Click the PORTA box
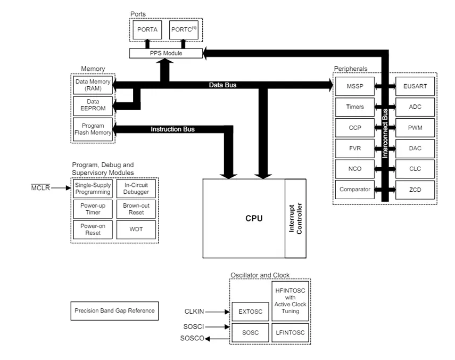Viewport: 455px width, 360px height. click(x=147, y=29)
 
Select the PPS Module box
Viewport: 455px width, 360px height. click(x=166, y=53)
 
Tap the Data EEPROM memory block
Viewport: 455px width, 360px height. click(x=93, y=104)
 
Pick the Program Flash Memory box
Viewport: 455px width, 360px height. click(x=93, y=129)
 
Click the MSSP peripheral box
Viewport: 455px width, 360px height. click(x=355, y=86)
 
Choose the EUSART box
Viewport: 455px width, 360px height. click(x=415, y=86)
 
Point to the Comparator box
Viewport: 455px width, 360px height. click(x=355, y=189)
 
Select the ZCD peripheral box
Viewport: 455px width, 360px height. click(x=415, y=189)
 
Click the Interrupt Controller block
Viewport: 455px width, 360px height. click(x=295, y=218)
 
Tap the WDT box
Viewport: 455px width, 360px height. click(x=136, y=230)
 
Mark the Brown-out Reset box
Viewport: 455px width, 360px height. click(x=136, y=209)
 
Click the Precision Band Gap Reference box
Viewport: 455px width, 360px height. click(x=114, y=310)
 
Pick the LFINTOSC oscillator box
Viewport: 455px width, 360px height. click(x=291, y=332)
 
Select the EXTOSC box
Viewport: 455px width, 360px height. click(x=250, y=312)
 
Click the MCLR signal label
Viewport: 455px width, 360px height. click(x=40, y=187)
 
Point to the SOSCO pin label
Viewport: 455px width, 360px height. click(x=192, y=338)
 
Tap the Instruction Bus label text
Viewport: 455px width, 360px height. click(x=172, y=129)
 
